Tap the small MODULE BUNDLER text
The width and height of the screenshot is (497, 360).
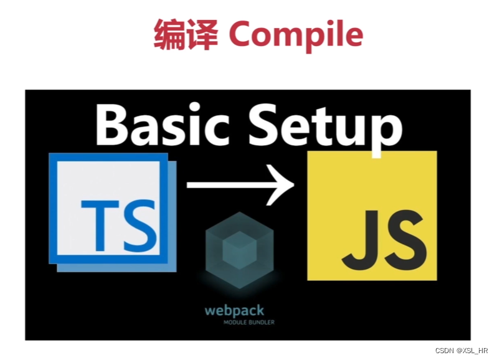point(249,322)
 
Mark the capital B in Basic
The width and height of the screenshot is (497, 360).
point(115,125)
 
